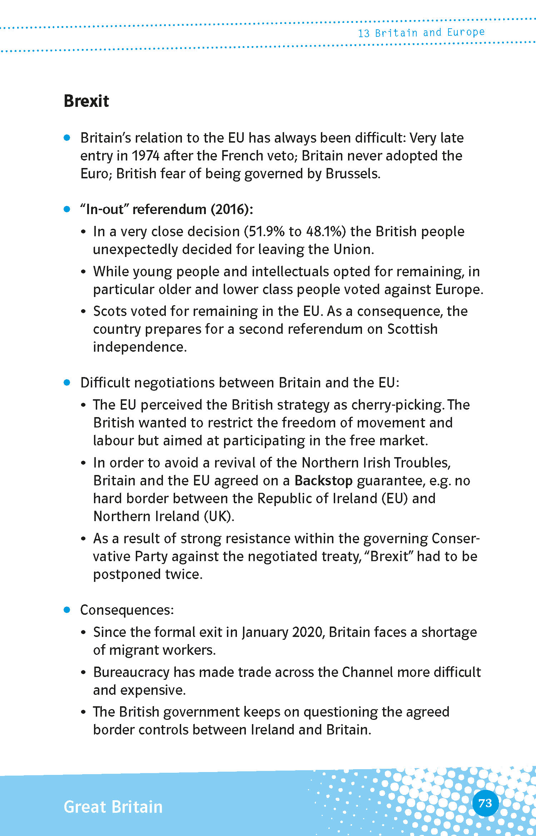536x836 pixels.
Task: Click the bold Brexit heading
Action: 86,101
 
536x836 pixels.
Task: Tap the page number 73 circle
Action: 485,803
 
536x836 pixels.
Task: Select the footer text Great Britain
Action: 113,807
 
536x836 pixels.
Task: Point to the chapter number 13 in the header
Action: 363,34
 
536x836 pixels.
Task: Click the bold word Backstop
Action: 323,481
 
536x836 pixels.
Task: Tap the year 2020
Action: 308,632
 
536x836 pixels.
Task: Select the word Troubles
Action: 422,463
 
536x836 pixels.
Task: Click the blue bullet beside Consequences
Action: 67,610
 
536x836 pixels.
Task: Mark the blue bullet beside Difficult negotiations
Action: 67,382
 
